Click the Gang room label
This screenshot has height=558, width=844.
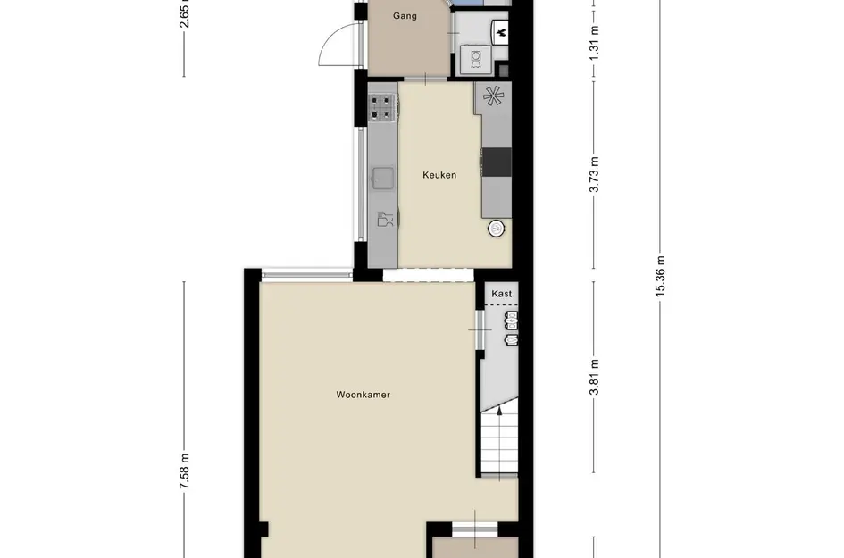coord(405,15)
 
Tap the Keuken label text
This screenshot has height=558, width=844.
coord(439,175)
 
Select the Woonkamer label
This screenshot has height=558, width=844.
coord(364,395)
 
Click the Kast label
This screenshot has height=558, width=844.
coord(501,293)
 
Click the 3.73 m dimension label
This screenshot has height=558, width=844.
coord(595,174)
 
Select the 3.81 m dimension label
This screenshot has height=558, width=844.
coord(595,377)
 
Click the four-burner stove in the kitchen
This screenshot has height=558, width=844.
coord(381,107)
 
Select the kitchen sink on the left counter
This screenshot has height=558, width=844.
coord(382,179)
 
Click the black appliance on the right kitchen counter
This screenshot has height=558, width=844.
coord(497,162)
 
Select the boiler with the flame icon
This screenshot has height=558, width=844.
coord(501,33)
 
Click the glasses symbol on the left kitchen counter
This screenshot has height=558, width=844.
coord(383,219)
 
